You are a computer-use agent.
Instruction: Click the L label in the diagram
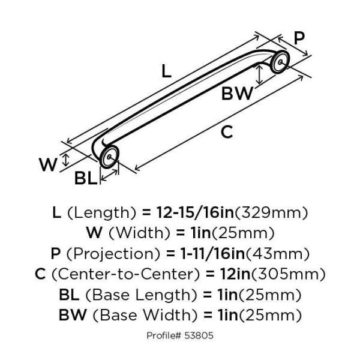166,71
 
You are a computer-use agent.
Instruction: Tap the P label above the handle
299,38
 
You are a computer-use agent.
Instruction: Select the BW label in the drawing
237,93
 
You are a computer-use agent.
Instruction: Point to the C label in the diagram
227,132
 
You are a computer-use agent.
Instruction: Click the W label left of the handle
48,164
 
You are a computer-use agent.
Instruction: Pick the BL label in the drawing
86,178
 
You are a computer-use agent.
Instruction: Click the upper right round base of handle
280,62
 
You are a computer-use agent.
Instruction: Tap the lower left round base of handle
109,157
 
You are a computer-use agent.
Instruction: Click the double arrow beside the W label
66,160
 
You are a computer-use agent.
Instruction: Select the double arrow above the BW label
259,74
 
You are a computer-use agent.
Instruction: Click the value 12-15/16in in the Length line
195,212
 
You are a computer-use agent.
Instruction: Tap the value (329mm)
271,212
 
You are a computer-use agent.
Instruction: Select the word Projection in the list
113,254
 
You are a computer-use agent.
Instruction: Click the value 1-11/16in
212,253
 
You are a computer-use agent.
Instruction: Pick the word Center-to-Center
126,274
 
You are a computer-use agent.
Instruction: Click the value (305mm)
289,274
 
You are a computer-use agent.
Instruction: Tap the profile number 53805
199,335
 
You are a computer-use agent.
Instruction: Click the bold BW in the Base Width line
73,314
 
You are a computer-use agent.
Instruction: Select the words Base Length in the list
141,295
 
